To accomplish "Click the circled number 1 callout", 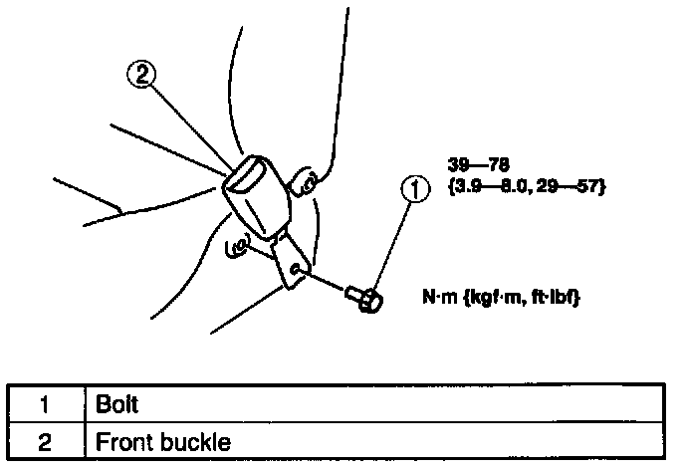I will [416, 188].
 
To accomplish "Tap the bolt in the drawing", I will [363, 296].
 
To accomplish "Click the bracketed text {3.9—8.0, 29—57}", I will [527, 186].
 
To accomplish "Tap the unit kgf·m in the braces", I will [497, 296].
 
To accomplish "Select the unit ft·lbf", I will [555, 296].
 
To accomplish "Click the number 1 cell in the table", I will [44, 406].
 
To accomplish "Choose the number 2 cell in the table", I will [44, 440].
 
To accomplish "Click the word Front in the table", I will [122, 440].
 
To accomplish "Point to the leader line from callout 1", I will [394, 239].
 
